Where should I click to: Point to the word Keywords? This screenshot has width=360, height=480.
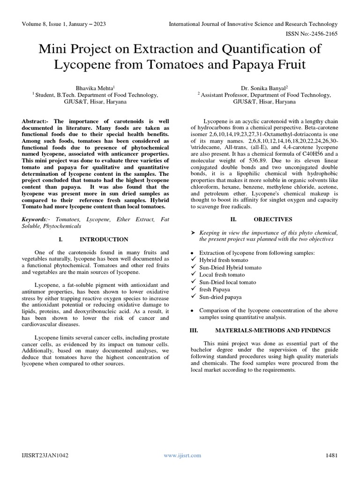pos(34,219)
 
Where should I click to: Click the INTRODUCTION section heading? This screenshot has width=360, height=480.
pos(104,239)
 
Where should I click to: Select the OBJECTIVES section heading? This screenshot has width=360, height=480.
pos(273,219)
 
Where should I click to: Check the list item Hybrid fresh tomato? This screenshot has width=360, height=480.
pos(224,260)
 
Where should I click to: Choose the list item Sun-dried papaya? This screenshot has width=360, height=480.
pos(220,297)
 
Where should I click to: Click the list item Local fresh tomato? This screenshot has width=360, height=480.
pos(222,275)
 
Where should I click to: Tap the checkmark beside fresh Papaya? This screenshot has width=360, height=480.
pos(193,290)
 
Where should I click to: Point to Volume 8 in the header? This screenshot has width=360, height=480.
pos(33,24)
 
